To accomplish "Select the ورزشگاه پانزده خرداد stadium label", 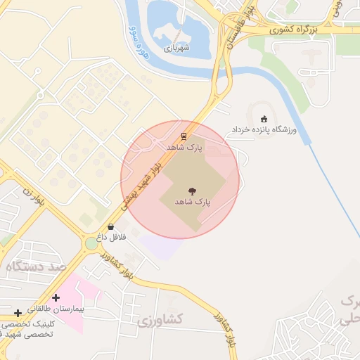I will tap(264, 131).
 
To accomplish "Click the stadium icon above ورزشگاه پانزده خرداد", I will tap(264, 118).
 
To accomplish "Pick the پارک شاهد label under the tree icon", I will tap(191, 200).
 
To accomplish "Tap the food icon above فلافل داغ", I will tap(110, 226).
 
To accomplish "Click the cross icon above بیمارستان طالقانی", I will tap(56, 298).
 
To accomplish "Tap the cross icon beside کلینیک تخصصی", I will tap(18, 313).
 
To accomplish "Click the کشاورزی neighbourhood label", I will tap(161, 321).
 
